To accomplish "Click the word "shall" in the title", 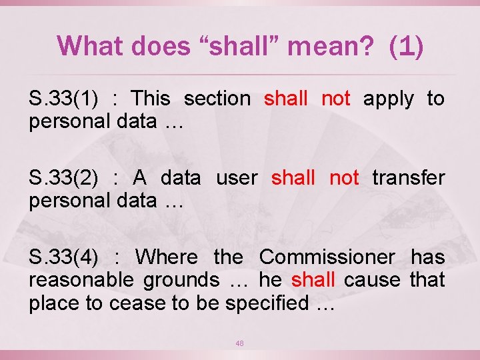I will [235, 46].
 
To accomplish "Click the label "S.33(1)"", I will [64, 99].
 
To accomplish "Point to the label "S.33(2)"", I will [64, 178].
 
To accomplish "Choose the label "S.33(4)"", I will [64, 257].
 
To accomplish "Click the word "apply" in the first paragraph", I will [388, 99].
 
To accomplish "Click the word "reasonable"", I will [81, 279].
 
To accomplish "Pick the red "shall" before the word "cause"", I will [313, 279].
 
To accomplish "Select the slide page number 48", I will [239, 343].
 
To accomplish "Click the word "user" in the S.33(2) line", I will [237, 178].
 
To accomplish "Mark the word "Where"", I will [167, 257].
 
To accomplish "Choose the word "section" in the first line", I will [217, 99].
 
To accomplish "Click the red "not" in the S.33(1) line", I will [335, 99].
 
